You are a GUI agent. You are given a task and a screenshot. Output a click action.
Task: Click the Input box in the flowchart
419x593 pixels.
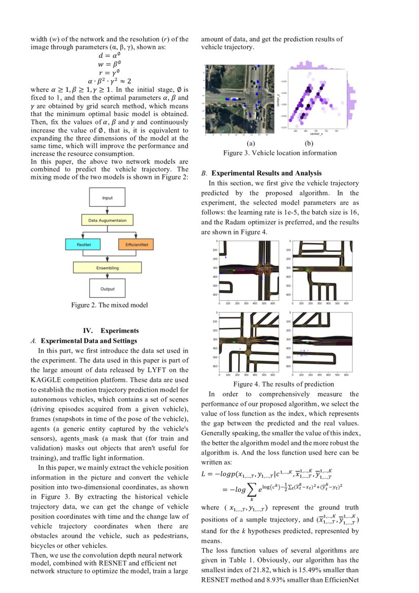[x=107, y=198]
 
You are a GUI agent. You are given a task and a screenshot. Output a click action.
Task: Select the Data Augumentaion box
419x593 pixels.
[x=107, y=221]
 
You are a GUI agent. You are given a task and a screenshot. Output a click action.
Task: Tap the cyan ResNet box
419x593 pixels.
[x=84, y=245]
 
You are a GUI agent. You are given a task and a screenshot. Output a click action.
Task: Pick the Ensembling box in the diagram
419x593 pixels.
[x=107, y=267]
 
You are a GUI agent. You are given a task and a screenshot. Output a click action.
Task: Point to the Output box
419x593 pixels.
[x=107, y=289]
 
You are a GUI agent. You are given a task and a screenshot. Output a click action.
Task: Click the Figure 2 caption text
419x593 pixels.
[x=110, y=305]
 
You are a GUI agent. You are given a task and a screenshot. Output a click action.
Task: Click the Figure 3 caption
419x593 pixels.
[x=280, y=153]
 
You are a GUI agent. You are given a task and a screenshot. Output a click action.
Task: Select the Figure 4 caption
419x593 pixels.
[x=280, y=384]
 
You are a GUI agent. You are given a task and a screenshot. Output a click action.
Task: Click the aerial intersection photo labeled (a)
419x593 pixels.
[x=239, y=99]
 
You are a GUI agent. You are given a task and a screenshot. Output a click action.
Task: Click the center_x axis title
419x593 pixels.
[x=316, y=134]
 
